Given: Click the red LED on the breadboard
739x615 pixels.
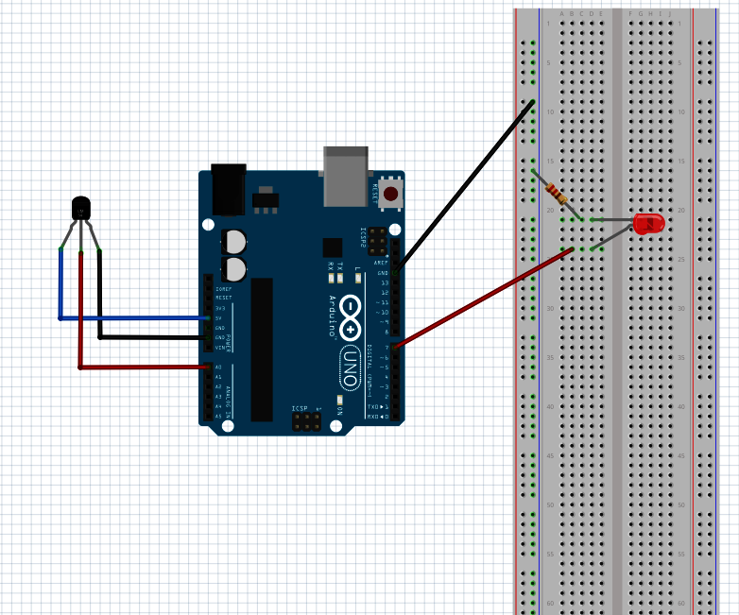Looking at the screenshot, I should [x=649, y=224].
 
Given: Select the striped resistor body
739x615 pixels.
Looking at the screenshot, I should [x=555, y=194].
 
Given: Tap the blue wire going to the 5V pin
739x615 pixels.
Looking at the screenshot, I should [x=132, y=318].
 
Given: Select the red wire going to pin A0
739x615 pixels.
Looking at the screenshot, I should [x=142, y=367].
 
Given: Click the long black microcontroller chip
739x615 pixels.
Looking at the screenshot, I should [x=262, y=350].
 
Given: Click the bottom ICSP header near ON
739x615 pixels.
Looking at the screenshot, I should [x=304, y=422].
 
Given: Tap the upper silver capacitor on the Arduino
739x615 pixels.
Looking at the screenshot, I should [x=234, y=242].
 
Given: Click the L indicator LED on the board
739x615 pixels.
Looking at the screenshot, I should [x=357, y=278].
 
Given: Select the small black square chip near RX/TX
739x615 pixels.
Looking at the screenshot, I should [x=331, y=248].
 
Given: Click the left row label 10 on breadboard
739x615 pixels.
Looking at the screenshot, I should [x=549, y=111].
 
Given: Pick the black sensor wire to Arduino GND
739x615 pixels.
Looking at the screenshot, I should [x=151, y=336].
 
